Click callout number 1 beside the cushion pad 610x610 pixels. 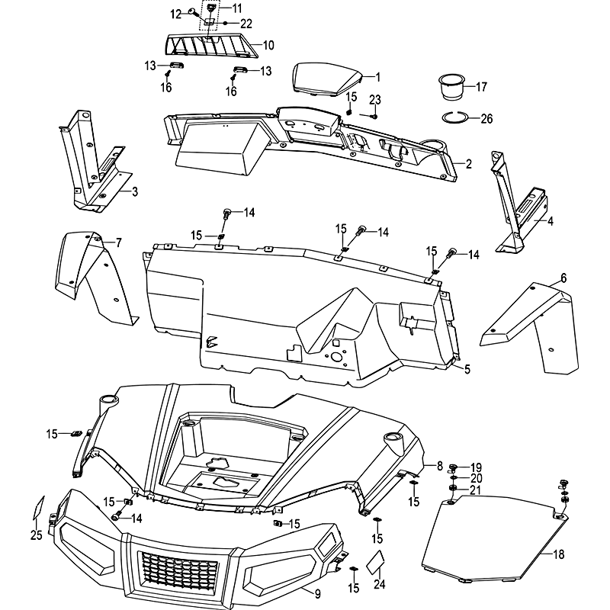377,76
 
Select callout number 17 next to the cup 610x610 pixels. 480,87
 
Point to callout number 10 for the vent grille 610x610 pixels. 268,45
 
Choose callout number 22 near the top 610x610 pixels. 225,23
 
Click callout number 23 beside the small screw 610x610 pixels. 374,99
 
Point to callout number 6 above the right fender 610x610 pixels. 563,278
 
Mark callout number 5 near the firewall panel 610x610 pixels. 467,370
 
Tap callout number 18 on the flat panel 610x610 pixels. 559,554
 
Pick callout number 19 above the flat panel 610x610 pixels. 476,467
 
